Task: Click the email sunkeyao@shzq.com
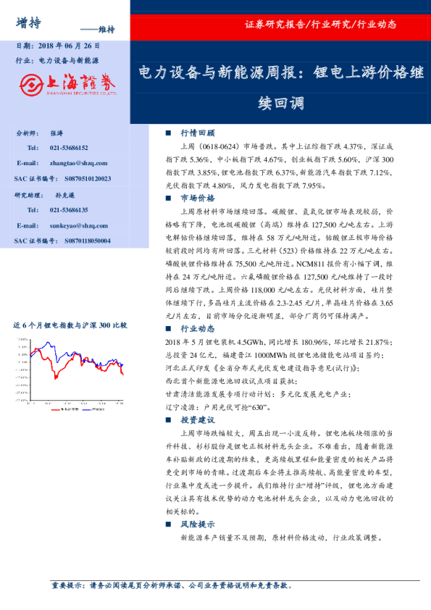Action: coord(80,226)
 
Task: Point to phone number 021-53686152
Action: coord(70,148)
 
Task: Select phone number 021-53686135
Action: coord(70,210)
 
